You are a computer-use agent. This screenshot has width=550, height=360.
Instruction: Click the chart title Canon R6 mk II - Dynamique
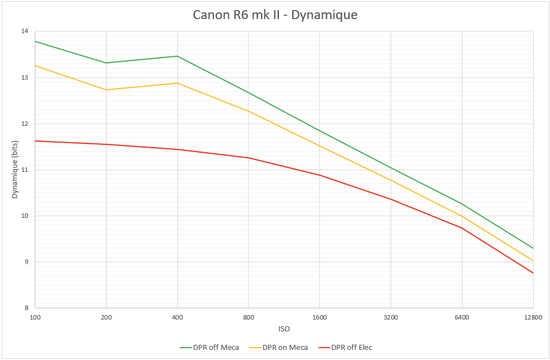pos(275,15)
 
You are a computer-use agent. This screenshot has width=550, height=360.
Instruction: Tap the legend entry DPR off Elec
pos(351,347)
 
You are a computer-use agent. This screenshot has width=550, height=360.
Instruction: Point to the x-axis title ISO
pos(284,329)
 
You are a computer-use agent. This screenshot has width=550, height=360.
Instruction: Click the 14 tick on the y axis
pos(25,31)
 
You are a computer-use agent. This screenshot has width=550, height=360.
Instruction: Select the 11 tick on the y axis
pos(25,170)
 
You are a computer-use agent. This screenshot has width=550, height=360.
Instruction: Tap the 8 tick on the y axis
pos(26,308)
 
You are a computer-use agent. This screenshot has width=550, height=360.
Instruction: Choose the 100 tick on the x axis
pos(35,317)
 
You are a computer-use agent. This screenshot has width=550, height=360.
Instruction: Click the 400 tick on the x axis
pos(177,317)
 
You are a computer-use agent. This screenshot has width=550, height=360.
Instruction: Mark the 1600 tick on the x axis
pos(320,317)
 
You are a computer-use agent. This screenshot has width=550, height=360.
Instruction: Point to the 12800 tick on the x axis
pos(532,317)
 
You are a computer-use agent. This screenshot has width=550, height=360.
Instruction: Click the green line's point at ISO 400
pos(177,56)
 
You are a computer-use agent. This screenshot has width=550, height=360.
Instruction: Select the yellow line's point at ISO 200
pos(107,90)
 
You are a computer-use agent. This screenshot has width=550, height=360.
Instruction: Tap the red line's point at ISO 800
pos(249,158)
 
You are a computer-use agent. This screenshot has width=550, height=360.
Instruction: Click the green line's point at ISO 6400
pos(462,204)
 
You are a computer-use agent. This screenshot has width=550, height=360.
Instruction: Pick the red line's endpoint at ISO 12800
pos(533,273)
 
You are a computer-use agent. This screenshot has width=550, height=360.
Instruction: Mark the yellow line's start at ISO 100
pos(35,66)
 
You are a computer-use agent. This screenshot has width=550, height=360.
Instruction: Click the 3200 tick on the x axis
pos(391,317)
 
